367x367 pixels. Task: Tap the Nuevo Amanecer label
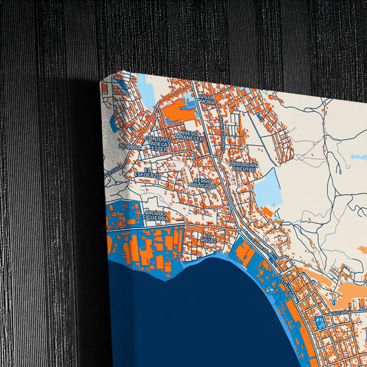(x=187, y=136)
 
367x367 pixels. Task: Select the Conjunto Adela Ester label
(x=159, y=142)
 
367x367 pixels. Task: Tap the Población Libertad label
(x=244, y=168)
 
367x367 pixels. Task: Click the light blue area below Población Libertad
(x=268, y=187)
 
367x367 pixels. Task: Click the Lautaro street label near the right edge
(x=342, y=312)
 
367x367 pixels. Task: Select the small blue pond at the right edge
(x=358, y=157)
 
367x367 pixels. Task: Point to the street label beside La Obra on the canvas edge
(x=114, y=167)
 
